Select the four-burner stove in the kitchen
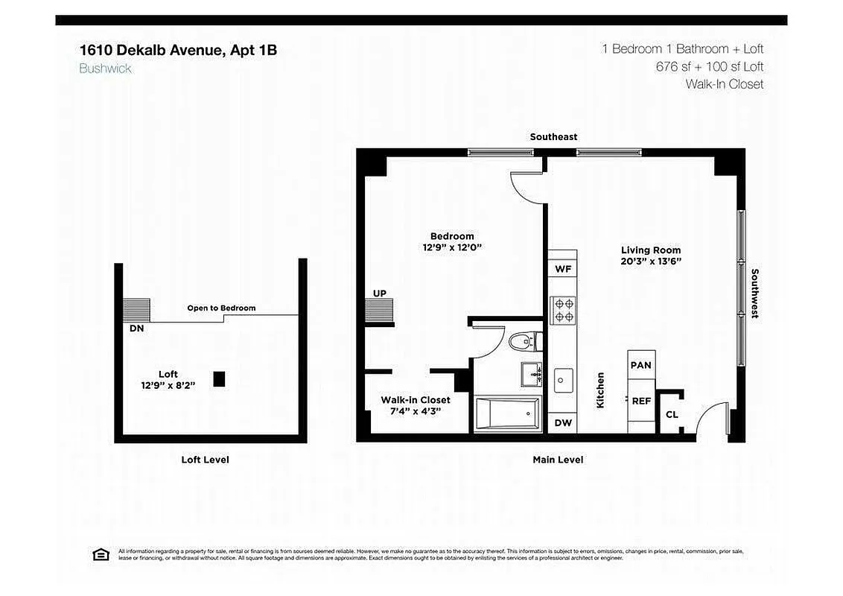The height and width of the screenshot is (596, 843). pyautogui.click(x=562, y=309)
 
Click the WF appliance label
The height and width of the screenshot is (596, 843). pyautogui.click(x=563, y=269)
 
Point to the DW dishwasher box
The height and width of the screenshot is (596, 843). pyautogui.click(x=563, y=422)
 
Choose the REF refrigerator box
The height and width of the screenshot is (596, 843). pyautogui.click(x=641, y=401)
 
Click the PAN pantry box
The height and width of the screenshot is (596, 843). pyautogui.click(x=641, y=365)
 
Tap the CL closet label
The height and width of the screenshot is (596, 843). pyautogui.click(x=672, y=415)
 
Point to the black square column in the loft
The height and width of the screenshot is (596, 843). pyautogui.click(x=219, y=378)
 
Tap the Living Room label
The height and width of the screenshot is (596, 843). pyautogui.click(x=651, y=250)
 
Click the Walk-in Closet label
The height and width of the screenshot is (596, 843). pyautogui.click(x=416, y=400)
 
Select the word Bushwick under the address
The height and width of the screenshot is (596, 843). pyautogui.click(x=105, y=69)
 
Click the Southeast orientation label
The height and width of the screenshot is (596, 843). pyautogui.click(x=553, y=137)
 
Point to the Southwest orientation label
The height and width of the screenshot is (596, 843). pyautogui.click(x=754, y=294)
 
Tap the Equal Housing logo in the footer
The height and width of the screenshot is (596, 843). pyautogui.click(x=100, y=554)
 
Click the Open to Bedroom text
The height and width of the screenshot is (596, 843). pyautogui.click(x=221, y=308)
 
